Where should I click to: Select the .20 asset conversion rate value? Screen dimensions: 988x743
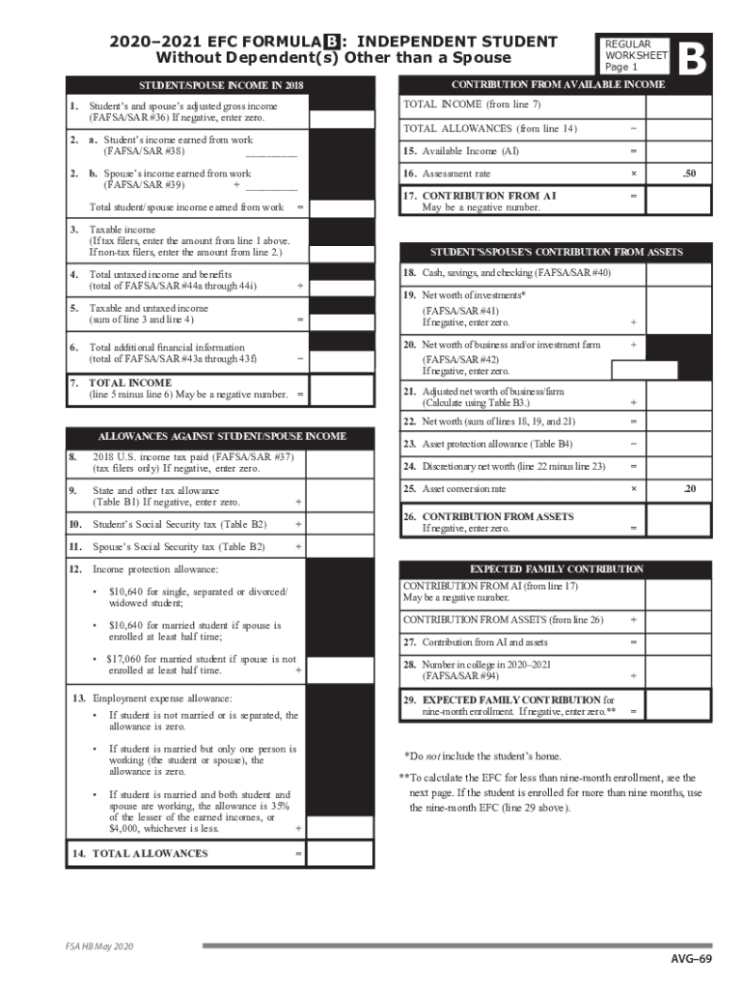687,489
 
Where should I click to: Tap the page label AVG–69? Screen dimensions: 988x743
692,958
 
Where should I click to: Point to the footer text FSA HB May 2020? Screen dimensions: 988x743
94,947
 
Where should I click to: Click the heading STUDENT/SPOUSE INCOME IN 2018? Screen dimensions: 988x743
207,86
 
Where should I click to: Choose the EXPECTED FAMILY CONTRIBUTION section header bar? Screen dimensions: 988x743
556,569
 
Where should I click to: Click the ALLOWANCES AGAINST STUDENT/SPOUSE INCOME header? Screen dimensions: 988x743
207,436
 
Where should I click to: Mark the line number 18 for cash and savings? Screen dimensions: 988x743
409,273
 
